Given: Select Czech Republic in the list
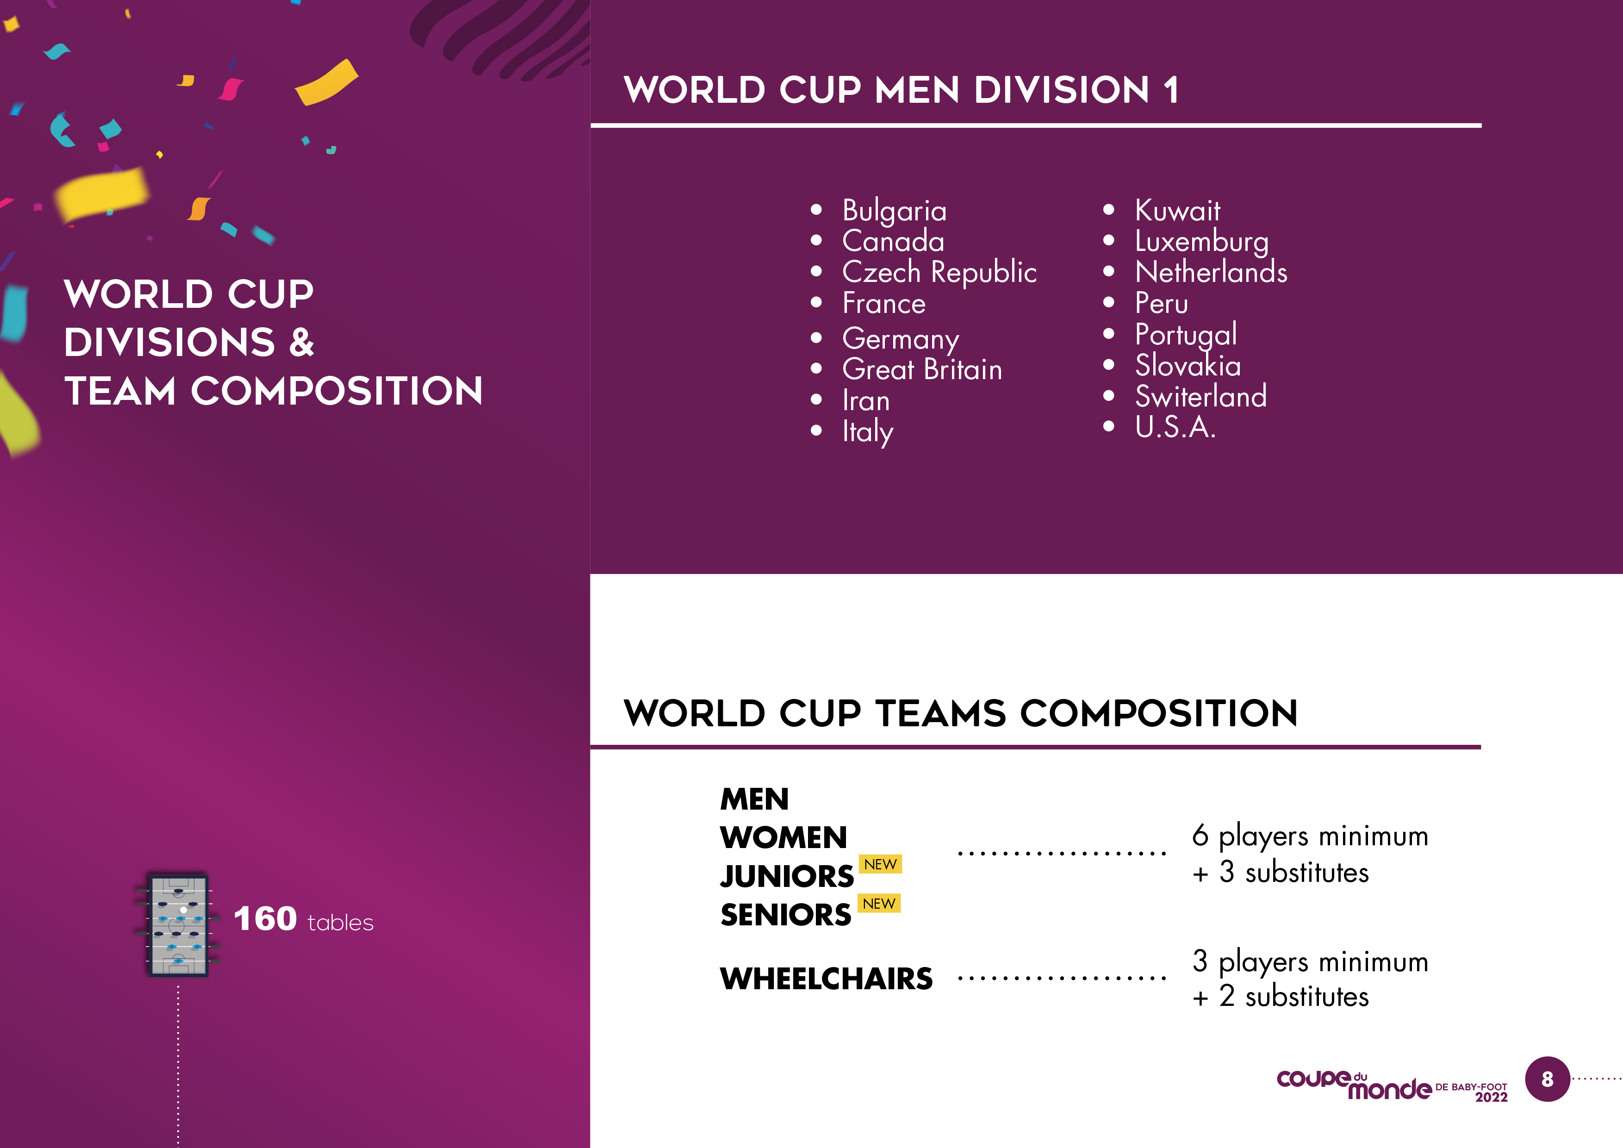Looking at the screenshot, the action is pyautogui.click(x=939, y=272).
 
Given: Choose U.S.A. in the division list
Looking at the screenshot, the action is pyautogui.click(x=1175, y=427).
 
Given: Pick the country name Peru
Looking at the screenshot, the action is pyautogui.click(x=1162, y=303).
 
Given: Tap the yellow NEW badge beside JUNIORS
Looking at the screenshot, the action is pyautogui.click(x=880, y=865).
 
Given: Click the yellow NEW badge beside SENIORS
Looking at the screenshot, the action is pyautogui.click(x=879, y=904).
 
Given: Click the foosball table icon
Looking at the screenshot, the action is pyautogui.click(x=178, y=924).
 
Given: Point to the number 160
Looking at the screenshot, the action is pyautogui.click(x=265, y=919).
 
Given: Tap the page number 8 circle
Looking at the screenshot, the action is pyautogui.click(x=1548, y=1079).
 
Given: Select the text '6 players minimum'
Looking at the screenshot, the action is pyautogui.click(x=1310, y=836).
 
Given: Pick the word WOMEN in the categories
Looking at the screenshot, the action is pyautogui.click(x=783, y=838).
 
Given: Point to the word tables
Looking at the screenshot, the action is pyautogui.click(x=341, y=923).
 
